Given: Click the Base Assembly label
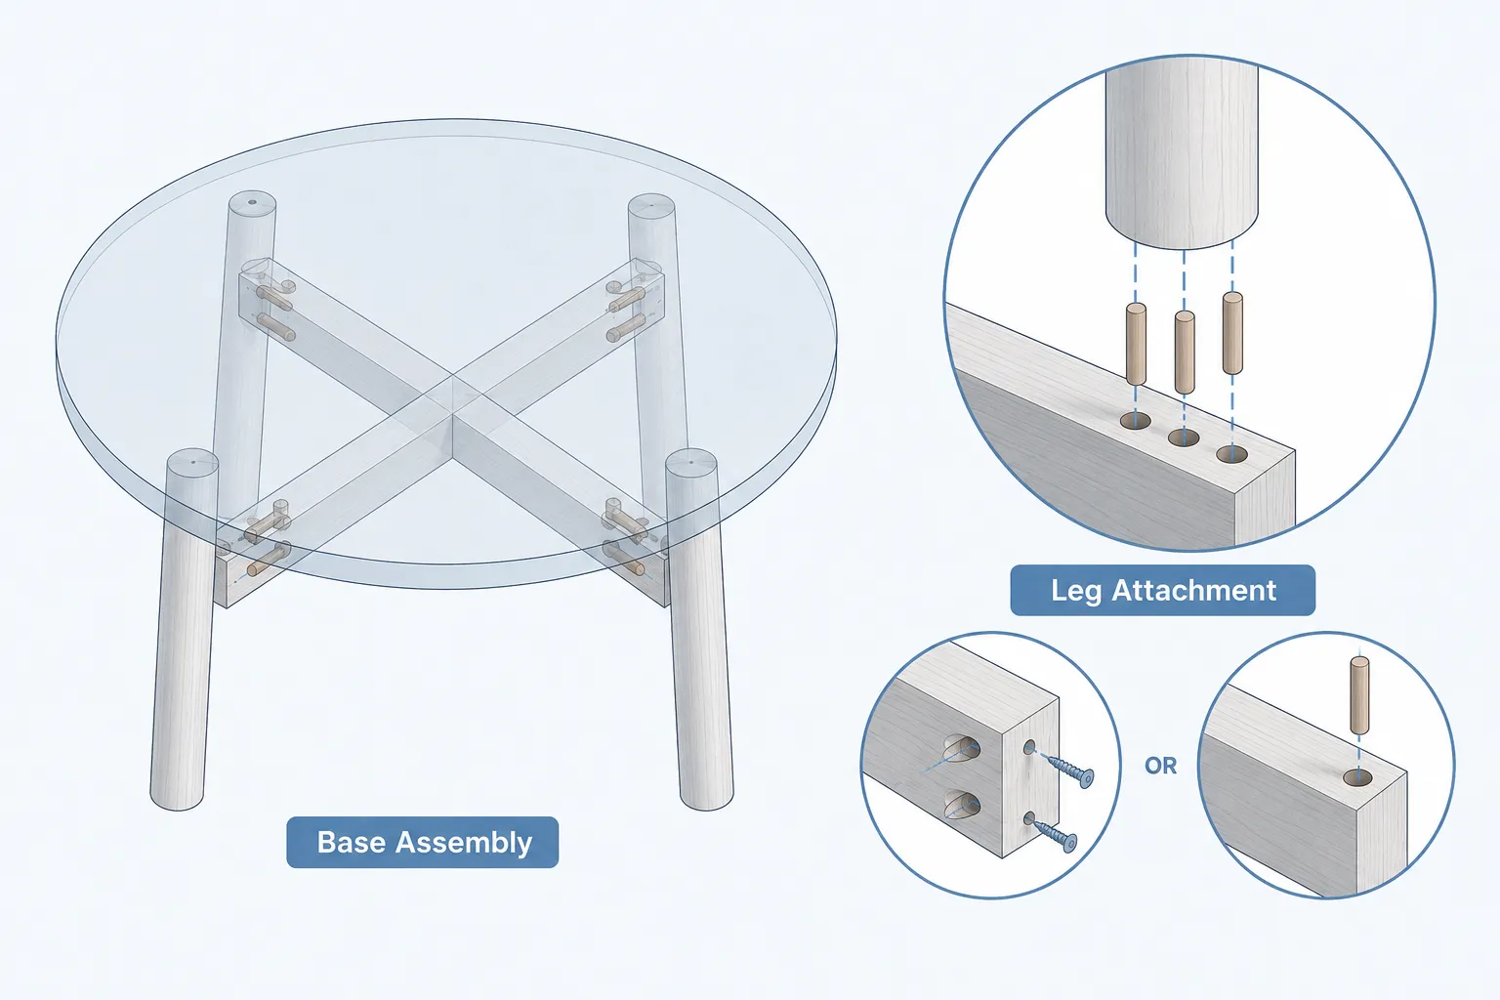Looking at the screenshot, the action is coord(423,842).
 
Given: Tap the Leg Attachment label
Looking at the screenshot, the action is coord(1162,590).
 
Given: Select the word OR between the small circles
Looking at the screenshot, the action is coord(1160,766).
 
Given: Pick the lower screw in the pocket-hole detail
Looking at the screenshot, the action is coord(1052,834).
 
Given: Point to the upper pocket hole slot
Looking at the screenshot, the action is coord(962,748).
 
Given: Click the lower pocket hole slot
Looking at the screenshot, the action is coord(962,804).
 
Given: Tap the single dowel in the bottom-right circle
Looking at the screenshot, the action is coord(1359,695).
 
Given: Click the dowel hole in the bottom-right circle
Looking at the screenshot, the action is coord(1357,778).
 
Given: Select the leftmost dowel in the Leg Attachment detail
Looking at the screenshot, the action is coord(1136,345).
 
